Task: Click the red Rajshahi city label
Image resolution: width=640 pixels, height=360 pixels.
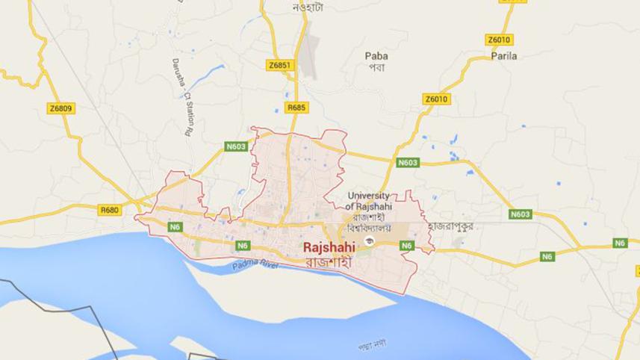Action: (x=329, y=246)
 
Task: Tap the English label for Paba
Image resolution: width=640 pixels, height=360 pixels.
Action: (x=376, y=55)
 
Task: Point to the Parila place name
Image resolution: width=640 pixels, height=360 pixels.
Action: (x=504, y=55)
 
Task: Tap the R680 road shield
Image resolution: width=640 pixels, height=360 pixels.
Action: (x=111, y=210)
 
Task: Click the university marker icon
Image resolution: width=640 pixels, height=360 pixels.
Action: (x=370, y=240)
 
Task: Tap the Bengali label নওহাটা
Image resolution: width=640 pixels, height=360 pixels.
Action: (x=308, y=8)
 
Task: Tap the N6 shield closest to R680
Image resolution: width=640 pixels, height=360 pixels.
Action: (x=175, y=227)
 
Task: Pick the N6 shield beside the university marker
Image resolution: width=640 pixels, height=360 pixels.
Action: (x=408, y=245)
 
